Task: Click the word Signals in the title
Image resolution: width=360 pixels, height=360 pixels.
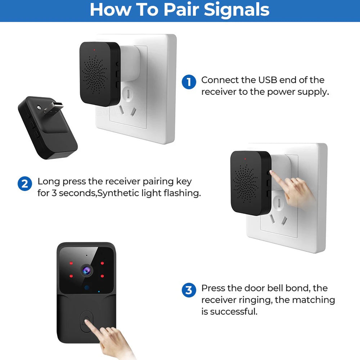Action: (237, 10)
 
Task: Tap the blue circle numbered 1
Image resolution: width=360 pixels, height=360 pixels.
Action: (189, 82)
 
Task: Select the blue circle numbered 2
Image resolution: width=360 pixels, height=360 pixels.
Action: (25, 184)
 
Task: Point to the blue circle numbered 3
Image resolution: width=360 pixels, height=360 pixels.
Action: (189, 290)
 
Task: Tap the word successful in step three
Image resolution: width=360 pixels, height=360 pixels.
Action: (234, 311)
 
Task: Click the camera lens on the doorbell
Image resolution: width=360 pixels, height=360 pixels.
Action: (87, 270)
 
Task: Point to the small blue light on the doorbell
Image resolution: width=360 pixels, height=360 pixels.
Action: (99, 292)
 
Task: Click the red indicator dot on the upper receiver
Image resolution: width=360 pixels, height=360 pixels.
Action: (94, 50)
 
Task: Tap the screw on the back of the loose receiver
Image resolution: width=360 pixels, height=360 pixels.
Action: (39, 107)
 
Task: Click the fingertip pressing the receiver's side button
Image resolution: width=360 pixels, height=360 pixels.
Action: (271, 172)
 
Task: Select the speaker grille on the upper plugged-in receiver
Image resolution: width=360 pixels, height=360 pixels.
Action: (95, 75)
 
